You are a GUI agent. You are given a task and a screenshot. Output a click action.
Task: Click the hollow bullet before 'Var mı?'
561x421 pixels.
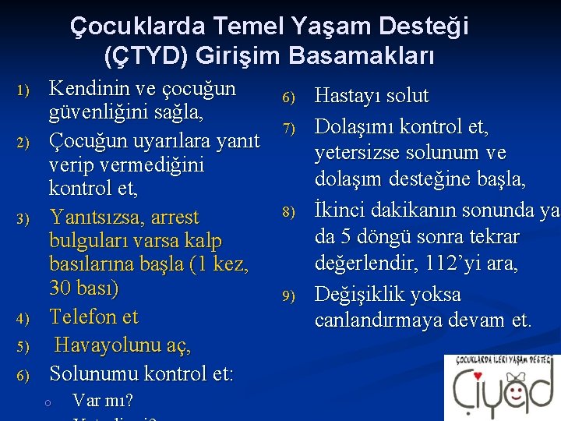[48, 402]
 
